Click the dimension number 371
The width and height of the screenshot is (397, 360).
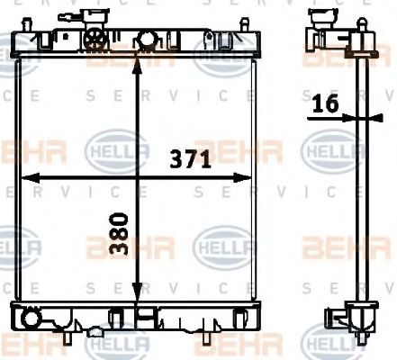coord(191,160)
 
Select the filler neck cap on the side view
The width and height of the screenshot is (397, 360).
coord(321,18)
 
